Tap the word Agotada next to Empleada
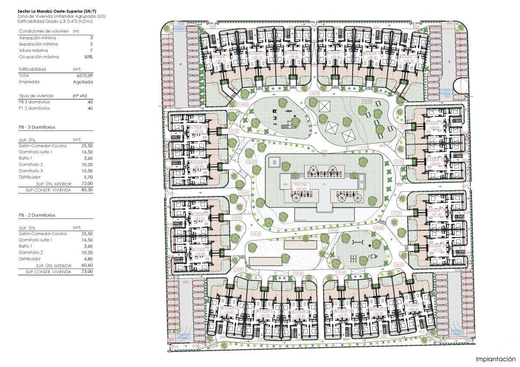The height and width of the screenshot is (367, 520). click(x=84, y=82)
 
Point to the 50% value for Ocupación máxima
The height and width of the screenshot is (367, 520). click(x=88, y=57)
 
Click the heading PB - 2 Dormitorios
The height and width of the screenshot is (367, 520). click(x=37, y=215)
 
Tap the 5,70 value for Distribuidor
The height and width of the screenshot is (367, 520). click(x=87, y=177)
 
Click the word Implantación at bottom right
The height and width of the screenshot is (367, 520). click(x=495, y=359)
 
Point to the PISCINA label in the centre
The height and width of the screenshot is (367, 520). click(x=301, y=184)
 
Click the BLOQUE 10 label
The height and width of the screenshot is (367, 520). click(x=199, y=128)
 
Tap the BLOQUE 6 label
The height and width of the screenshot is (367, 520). click(x=227, y=308)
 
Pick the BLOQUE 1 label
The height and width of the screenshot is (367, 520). click(x=413, y=305)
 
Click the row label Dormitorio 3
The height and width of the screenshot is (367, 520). click(x=31, y=171)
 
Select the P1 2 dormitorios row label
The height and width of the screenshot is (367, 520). click(x=34, y=108)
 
